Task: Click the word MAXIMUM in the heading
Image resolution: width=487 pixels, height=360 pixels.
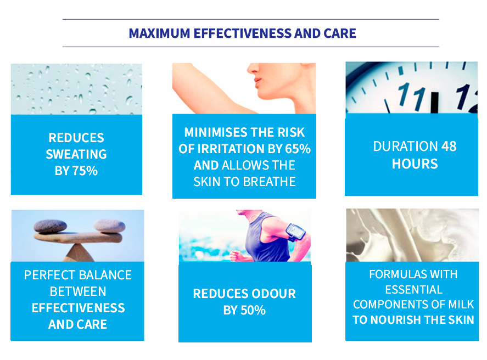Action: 159,33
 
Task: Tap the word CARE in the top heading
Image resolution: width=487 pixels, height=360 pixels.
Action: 340,33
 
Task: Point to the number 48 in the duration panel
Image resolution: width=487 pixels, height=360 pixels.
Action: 449,147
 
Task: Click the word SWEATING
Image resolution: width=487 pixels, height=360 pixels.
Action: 76,155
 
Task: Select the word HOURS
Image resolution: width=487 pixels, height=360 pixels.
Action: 415,164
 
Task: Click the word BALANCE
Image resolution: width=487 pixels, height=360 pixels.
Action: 105,275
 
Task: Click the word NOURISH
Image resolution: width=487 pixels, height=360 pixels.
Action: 396,320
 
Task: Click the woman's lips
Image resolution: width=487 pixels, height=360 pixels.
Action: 258,81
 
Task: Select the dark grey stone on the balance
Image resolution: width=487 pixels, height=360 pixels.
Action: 51,226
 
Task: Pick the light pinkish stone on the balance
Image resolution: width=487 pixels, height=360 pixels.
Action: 109,226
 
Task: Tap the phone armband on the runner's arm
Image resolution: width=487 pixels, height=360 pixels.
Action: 296,232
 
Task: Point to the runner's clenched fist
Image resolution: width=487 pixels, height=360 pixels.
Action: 237,256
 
